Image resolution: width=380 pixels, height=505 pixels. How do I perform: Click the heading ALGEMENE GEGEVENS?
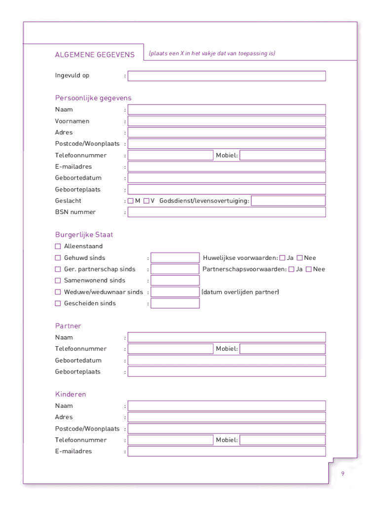point(95,55)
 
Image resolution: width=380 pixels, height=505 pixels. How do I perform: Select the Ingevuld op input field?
point(227,76)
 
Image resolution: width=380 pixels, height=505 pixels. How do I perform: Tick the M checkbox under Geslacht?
point(131,201)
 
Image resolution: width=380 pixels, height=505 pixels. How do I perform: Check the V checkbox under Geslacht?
point(147,201)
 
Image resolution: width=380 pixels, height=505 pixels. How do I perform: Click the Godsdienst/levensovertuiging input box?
point(288,201)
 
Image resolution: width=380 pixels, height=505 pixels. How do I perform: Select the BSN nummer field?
point(227,212)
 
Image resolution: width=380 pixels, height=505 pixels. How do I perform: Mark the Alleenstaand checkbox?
point(58,246)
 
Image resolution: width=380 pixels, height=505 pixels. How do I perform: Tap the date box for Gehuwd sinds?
point(175,258)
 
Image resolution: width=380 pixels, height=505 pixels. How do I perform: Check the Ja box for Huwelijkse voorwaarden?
point(282,258)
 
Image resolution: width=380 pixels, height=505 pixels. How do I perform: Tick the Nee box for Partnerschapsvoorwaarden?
point(308,269)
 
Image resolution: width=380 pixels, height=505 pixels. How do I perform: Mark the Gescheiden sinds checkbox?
point(58,303)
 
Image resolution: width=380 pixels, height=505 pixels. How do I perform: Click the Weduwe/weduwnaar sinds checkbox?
point(58,292)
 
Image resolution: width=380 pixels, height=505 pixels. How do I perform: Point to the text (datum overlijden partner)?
point(240,292)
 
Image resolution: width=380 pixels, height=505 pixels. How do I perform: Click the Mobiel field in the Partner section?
point(282,349)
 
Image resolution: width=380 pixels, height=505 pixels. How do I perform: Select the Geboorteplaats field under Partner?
point(227,372)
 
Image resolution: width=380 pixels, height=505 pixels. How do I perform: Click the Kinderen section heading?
point(71,395)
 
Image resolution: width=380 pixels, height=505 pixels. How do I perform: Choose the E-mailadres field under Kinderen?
point(227,451)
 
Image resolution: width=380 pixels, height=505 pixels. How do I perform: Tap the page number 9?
point(342,474)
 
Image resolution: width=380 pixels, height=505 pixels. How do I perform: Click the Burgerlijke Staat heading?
point(84,235)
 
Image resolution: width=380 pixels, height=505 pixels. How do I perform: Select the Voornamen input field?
point(227,121)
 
